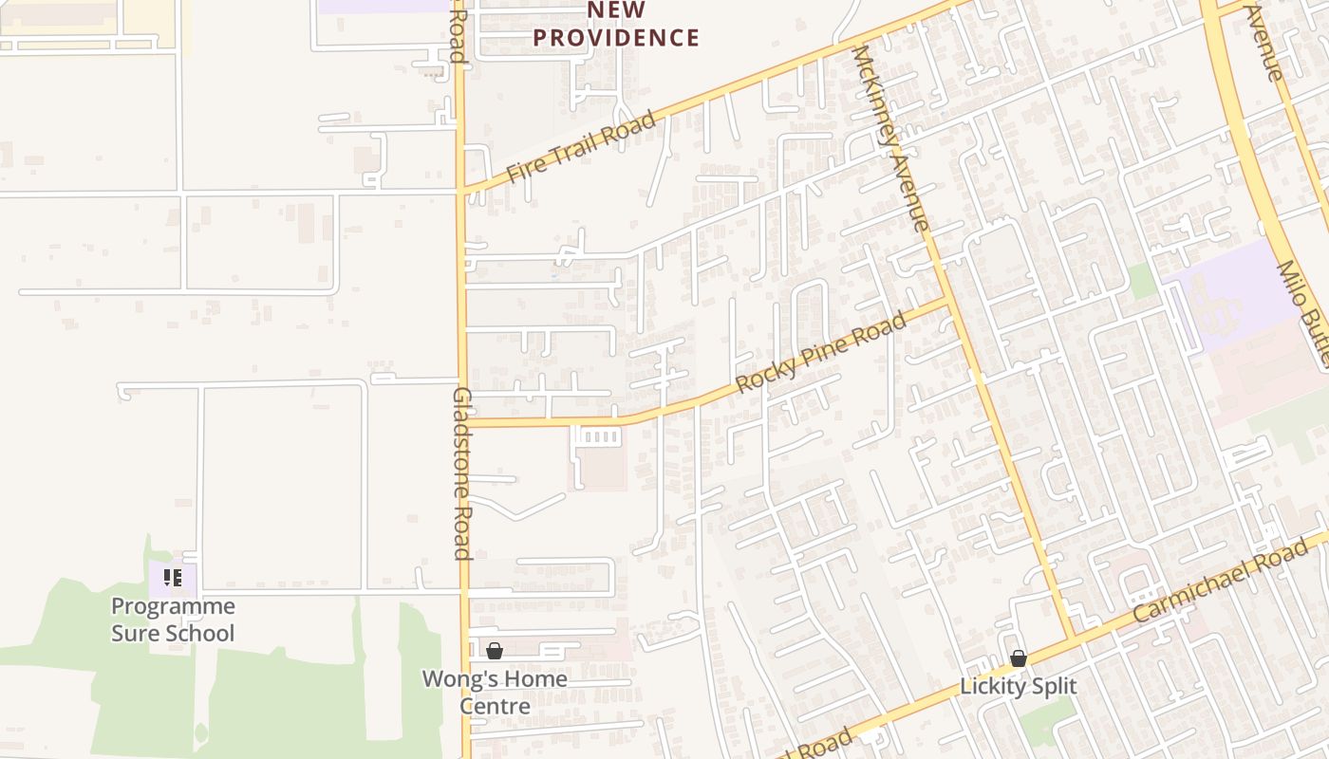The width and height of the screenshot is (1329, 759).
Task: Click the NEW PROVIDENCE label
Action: coord(616,26)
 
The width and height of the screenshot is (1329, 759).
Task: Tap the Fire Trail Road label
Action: coord(580,147)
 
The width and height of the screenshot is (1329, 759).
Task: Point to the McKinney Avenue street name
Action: coord(889,139)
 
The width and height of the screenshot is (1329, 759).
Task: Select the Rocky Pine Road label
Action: coord(821,354)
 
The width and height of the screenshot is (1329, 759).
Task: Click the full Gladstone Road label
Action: coord(462,472)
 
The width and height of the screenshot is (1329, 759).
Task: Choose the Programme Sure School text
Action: coord(173,620)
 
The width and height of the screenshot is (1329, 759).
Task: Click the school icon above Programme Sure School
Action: coord(172,577)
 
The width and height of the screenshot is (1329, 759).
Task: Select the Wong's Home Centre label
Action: coord(495,692)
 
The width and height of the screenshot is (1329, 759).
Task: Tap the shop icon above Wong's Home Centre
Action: coord(495,651)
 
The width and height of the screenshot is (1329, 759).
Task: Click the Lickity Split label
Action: coord(1019,686)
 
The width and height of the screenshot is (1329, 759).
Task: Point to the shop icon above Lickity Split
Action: coord(1019,658)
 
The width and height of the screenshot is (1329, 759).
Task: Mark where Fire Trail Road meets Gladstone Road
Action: coord(461,191)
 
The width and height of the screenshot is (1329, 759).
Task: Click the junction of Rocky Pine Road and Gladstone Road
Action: coord(463,422)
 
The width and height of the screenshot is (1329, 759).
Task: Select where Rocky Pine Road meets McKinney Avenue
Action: coord(947,301)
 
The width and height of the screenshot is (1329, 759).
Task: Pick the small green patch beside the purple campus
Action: coord(1142,281)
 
